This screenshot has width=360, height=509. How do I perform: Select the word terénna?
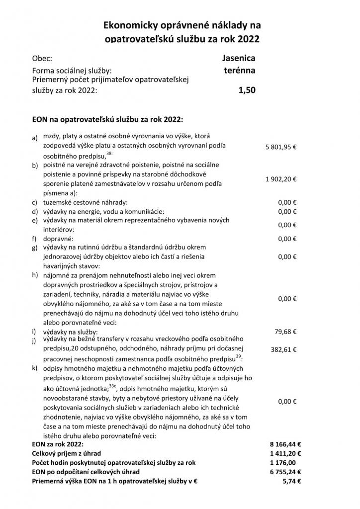pyautogui.click(x=240, y=71)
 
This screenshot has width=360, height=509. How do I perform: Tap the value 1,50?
pyautogui.click(x=247, y=90)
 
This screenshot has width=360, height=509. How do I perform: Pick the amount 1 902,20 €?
pyautogui.click(x=280, y=178)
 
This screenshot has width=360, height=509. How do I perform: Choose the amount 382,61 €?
pyautogui.click(x=283, y=349)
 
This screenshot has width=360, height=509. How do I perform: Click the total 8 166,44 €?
pyautogui.click(x=283, y=444)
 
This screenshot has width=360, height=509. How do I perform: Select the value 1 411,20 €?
pyautogui.click(x=283, y=453)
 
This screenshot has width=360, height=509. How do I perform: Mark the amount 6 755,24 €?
pyautogui.click(x=283, y=472)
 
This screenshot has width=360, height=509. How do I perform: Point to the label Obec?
pyautogui.click(x=42, y=58)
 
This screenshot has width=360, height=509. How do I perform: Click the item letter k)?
pyautogui.click(x=35, y=368)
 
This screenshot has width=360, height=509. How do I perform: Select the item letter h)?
pyautogui.click(x=35, y=275)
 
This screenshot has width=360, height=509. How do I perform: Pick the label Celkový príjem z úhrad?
pyautogui.click(x=66, y=453)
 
